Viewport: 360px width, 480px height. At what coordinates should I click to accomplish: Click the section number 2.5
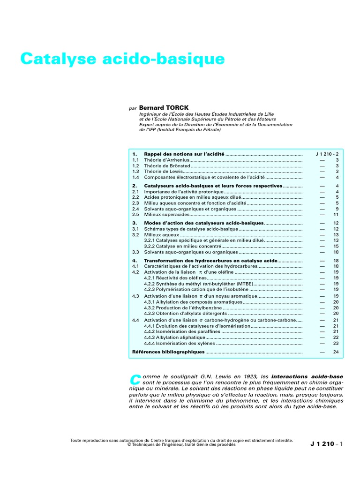click(x=135, y=215)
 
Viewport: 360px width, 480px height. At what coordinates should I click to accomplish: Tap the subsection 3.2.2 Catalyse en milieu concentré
click(x=182, y=246)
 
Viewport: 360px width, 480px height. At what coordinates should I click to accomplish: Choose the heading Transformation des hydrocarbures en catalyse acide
click(x=210, y=260)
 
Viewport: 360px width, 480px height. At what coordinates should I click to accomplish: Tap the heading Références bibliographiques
click(x=168, y=352)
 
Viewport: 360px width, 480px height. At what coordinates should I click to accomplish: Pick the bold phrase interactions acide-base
click(x=307, y=376)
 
